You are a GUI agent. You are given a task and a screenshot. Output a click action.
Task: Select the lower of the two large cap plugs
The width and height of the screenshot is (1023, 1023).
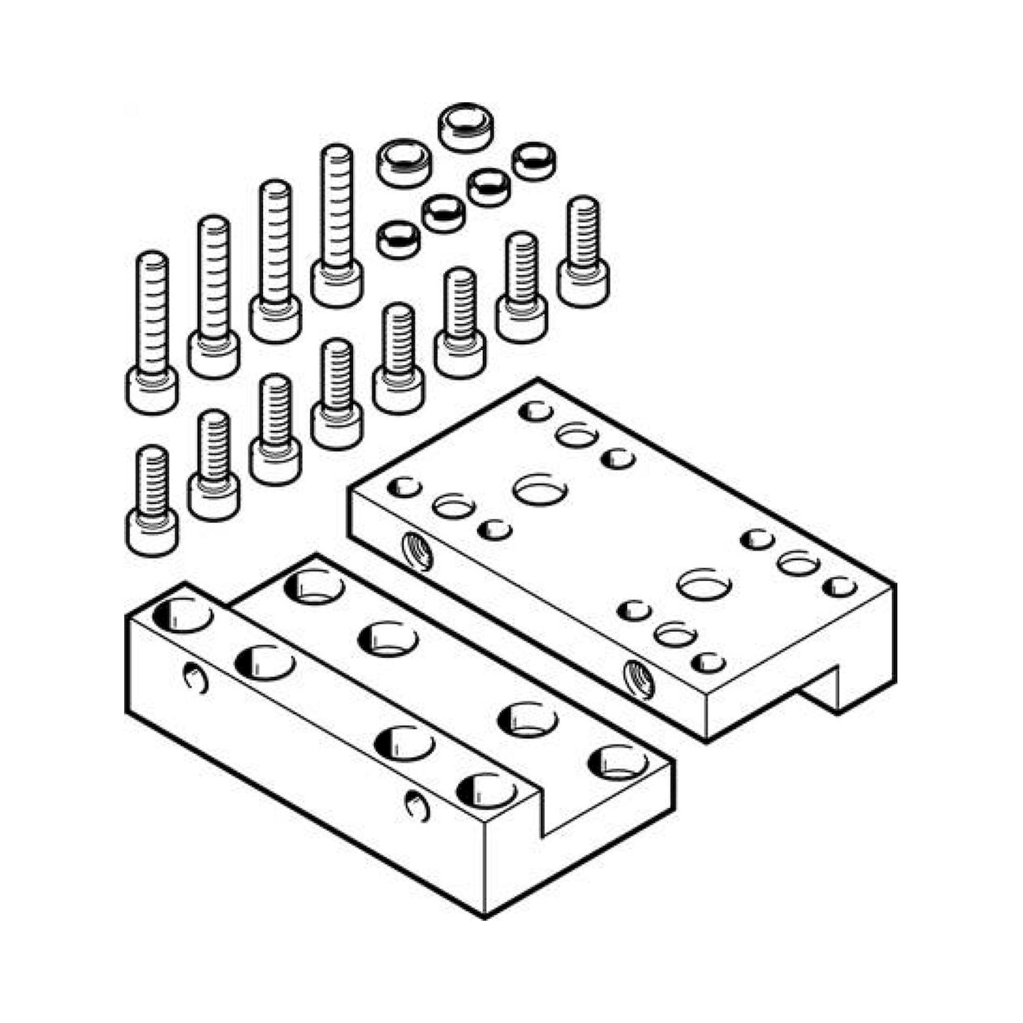point(404,163)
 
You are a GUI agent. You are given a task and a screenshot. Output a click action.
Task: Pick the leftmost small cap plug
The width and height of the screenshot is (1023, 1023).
point(398,239)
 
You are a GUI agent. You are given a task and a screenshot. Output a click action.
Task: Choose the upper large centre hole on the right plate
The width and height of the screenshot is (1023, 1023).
point(540,488)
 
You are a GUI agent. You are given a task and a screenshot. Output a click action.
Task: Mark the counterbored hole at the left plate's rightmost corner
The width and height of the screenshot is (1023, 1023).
point(617,764)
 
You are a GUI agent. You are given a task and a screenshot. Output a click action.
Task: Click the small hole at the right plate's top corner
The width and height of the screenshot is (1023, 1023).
point(536,411)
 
